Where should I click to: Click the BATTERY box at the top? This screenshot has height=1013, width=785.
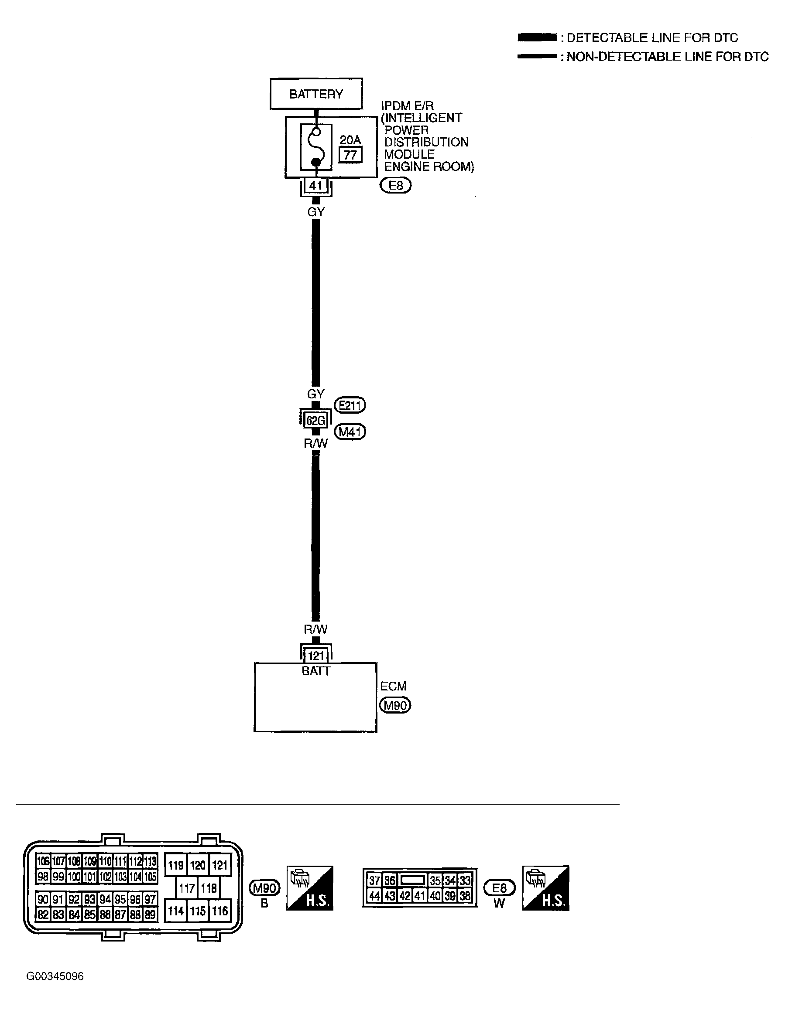(316, 94)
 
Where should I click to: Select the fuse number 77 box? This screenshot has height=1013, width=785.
(350, 155)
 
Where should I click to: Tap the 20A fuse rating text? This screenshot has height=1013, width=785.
(350, 139)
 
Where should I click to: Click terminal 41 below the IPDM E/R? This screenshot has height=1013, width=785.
(315, 186)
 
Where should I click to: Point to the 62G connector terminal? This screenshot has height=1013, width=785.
(315, 421)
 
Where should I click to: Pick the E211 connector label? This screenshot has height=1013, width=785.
(350, 405)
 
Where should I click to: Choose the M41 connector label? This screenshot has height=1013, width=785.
(350, 432)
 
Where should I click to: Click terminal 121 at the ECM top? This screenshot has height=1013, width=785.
(315, 656)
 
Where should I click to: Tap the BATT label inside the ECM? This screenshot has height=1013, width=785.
(315, 671)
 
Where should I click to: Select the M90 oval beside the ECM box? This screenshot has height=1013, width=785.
(395, 705)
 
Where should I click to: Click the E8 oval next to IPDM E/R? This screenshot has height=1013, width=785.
(395, 186)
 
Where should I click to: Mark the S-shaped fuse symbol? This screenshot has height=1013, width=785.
(315, 146)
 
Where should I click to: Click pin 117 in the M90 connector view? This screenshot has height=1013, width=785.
(187, 888)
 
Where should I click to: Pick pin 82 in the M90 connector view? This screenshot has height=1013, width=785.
(43, 914)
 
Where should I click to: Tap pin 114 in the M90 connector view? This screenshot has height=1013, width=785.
(175, 911)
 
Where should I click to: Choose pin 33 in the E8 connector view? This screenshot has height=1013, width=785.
(465, 880)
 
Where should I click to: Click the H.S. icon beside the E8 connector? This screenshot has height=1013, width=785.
(545, 888)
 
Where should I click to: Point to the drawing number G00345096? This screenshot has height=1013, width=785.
(55, 976)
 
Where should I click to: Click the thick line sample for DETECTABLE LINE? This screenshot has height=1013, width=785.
(537, 37)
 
